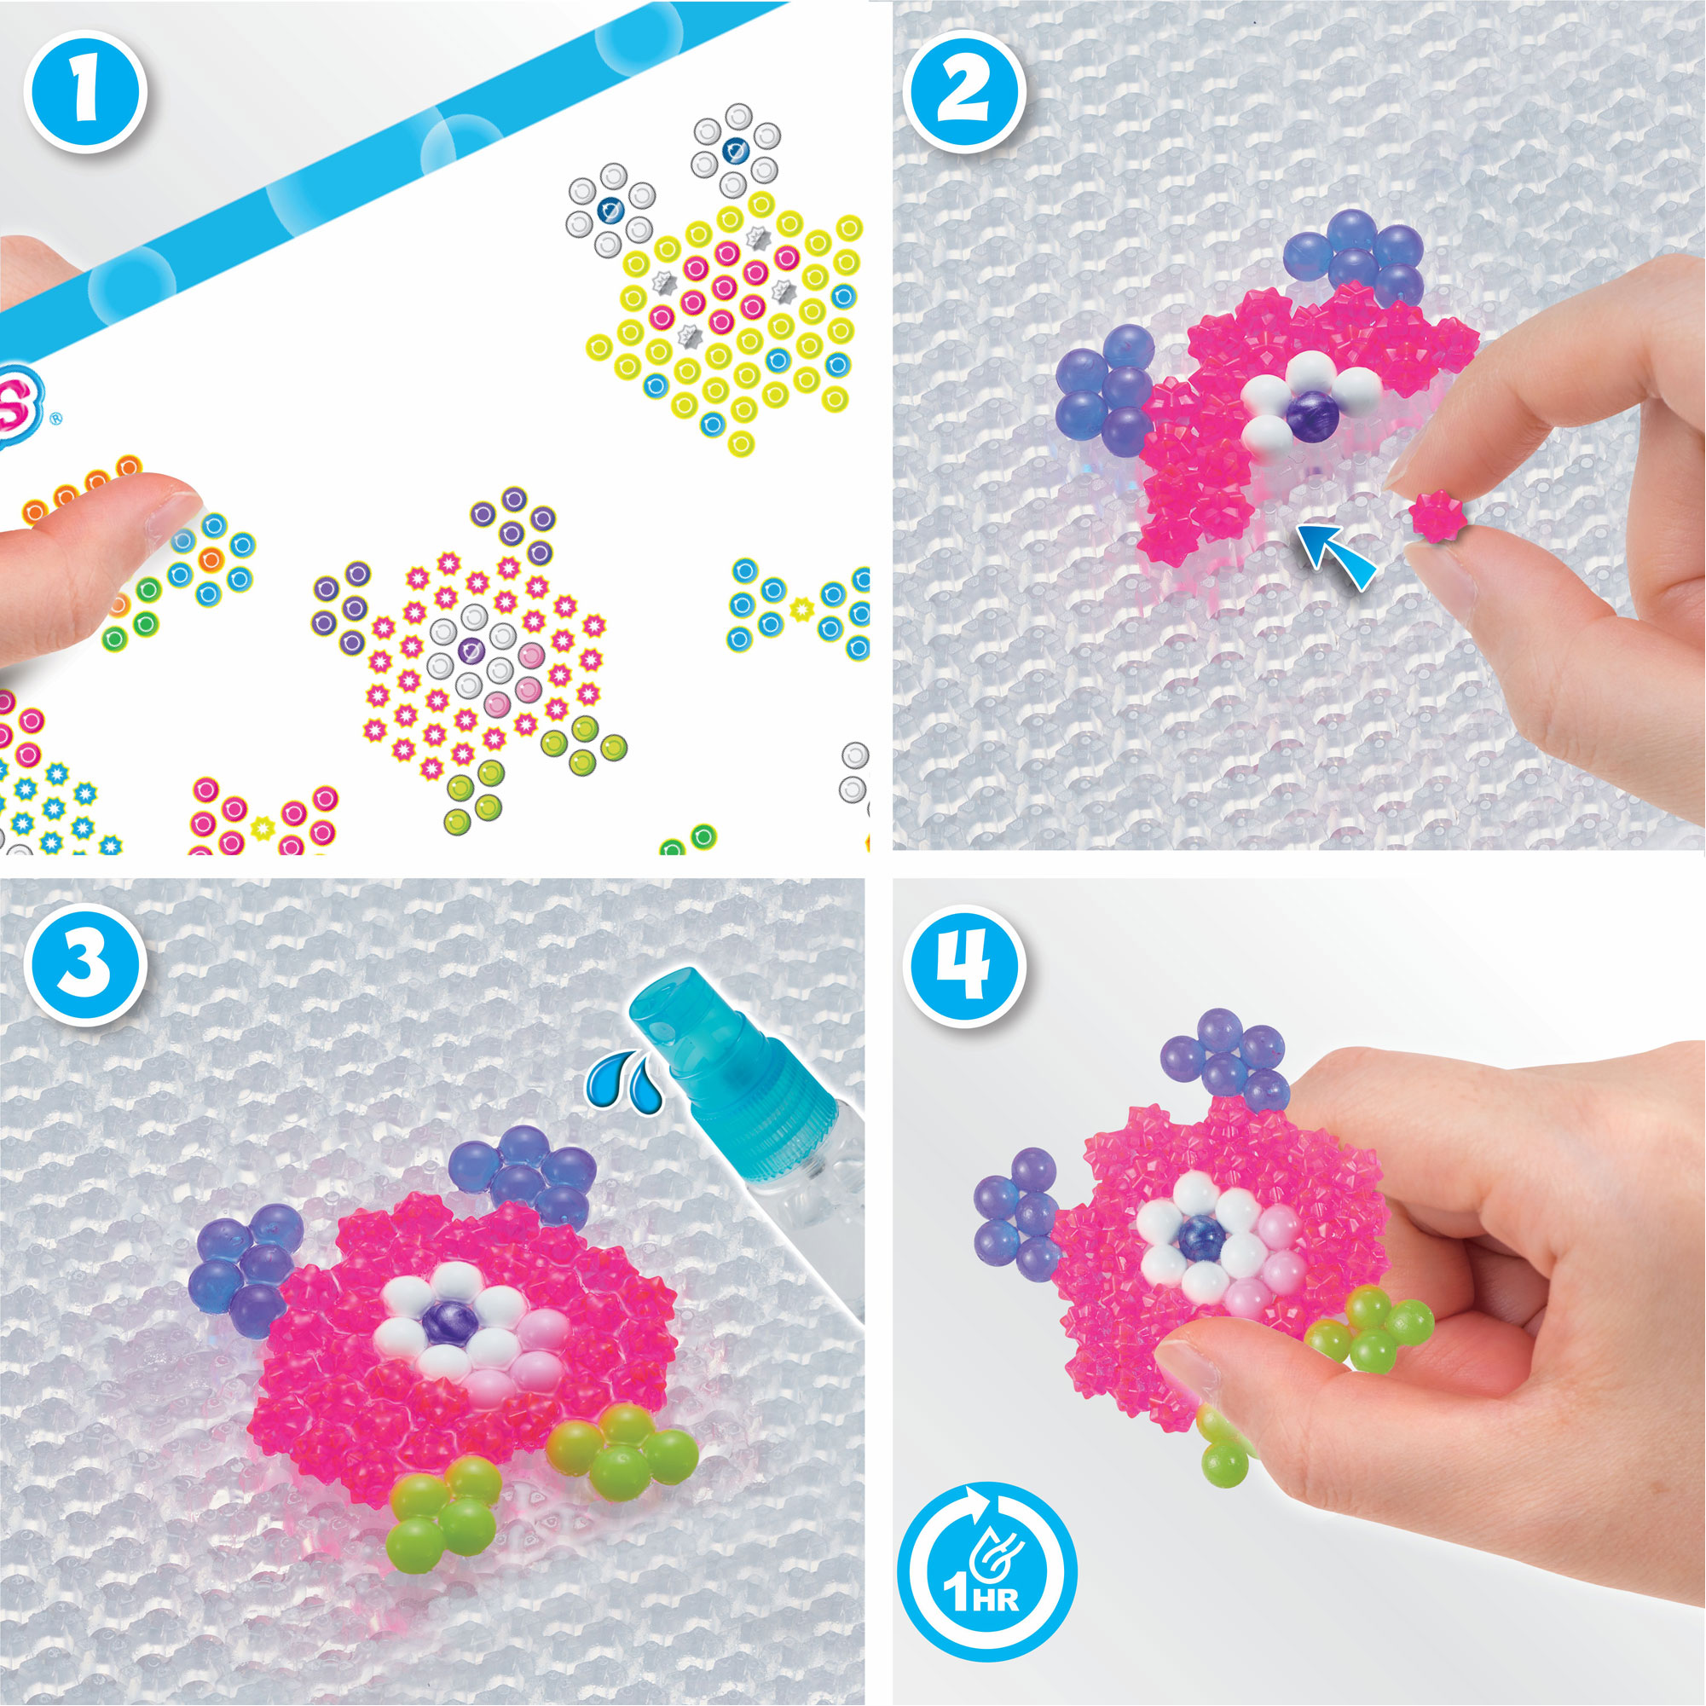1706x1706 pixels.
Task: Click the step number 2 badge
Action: tap(963, 92)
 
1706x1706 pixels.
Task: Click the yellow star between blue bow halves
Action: tap(801, 608)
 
